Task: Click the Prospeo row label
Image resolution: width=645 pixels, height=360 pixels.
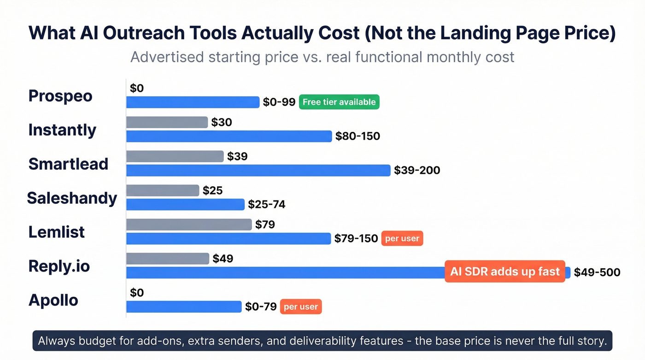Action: pyautogui.click(x=60, y=96)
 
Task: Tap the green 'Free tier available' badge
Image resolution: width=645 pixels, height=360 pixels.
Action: pyautogui.click(x=339, y=102)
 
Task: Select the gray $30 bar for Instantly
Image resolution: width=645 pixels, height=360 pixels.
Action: pyautogui.click(x=167, y=122)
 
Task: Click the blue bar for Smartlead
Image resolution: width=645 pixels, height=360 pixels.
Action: pyautogui.click(x=258, y=171)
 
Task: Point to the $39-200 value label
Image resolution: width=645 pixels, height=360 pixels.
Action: pyautogui.click(x=417, y=171)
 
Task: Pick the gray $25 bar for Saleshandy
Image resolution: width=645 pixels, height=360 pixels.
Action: pyautogui.click(x=163, y=190)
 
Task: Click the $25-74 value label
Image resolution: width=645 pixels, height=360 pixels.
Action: pyautogui.click(x=267, y=204)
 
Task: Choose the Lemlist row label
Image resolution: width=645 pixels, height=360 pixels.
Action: pyautogui.click(x=57, y=232)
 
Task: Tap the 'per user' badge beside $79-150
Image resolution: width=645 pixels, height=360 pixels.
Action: pyautogui.click(x=402, y=239)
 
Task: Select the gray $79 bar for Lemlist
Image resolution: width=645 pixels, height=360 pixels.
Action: pyautogui.click(x=189, y=224)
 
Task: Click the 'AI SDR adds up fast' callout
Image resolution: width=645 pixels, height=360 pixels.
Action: pyautogui.click(x=505, y=271)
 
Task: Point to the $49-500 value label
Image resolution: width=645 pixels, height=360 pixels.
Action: pyautogui.click(x=597, y=272)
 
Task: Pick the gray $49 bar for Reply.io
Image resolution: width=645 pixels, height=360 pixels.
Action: pyautogui.click(x=168, y=259)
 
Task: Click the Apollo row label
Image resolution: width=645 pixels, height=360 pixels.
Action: pyautogui.click(x=53, y=300)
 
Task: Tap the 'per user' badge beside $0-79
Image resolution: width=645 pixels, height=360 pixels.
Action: pyautogui.click(x=300, y=307)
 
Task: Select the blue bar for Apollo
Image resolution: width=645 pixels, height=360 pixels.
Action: pyautogui.click(x=184, y=307)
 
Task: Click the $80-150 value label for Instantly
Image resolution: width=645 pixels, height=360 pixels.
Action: pyautogui.click(x=358, y=136)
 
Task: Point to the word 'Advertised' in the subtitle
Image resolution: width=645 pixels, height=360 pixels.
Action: pyautogui.click(x=167, y=57)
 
